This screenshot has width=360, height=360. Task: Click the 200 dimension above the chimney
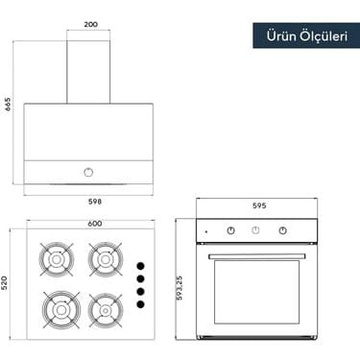(91, 24)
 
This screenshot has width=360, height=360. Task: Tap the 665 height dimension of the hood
(8, 104)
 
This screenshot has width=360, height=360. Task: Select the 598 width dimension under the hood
(95, 202)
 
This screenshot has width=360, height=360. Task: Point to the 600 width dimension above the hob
(95, 224)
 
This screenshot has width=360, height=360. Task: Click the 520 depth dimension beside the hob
(5, 283)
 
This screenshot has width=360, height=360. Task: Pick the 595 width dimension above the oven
(259, 205)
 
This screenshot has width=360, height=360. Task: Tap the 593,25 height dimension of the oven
(180, 288)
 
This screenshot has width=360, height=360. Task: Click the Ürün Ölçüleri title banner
(306, 36)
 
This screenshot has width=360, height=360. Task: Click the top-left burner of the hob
(57, 259)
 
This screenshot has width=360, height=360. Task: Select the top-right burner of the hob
(106, 259)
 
